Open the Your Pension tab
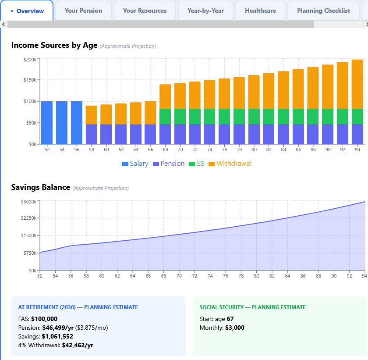(x=83, y=11)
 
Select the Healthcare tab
(x=260, y=11)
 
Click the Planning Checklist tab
(x=323, y=11)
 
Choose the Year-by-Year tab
(x=205, y=11)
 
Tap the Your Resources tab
(x=145, y=11)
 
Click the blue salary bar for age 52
(x=47, y=123)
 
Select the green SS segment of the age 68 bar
(x=165, y=116)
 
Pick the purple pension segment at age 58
(x=91, y=134)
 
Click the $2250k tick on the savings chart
(x=28, y=218)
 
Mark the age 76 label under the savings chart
(x=226, y=276)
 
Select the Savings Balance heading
(x=41, y=187)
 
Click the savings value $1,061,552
(x=57, y=336)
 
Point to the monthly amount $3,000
(x=234, y=328)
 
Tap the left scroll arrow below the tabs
(x=4, y=25)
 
